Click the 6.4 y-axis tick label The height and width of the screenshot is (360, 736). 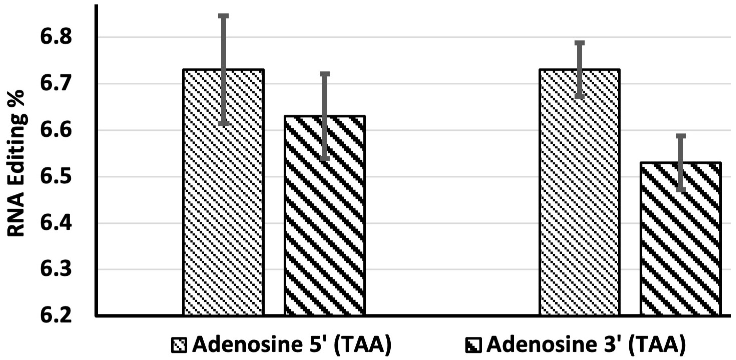pos(56,223)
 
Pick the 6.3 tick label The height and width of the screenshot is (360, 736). pos(56,270)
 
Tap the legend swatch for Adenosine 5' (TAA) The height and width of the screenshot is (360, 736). pos(179,345)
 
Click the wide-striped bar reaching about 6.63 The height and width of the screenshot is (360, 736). pos(325,229)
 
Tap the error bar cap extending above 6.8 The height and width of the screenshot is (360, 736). pos(223,16)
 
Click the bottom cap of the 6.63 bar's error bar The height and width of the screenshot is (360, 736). pos(325,159)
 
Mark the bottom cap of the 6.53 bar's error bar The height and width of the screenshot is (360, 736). pos(681,190)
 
